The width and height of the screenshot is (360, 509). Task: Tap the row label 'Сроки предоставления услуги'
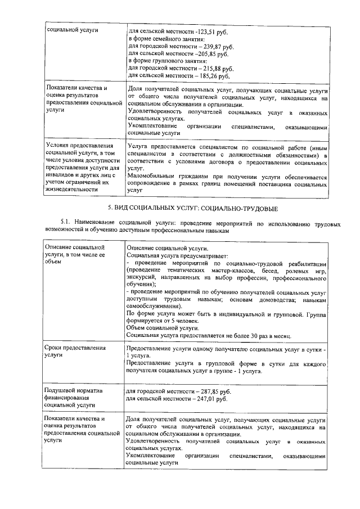click(74, 352)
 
